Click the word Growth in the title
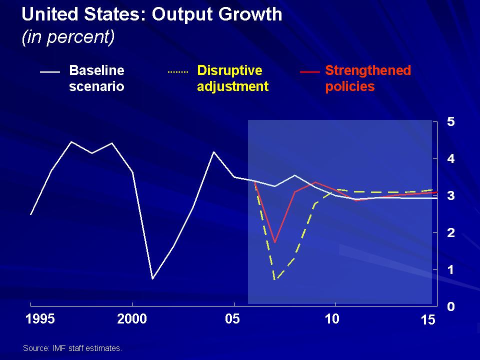(x=248, y=14)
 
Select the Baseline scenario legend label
(x=96, y=78)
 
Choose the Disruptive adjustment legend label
(x=232, y=78)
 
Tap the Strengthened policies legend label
(x=367, y=78)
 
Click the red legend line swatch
(x=309, y=72)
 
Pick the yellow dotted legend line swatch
(x=177, y=72)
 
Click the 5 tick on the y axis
(x=451, y=121)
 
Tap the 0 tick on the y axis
(x=451, y=306)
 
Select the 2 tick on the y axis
(x=451, y=232)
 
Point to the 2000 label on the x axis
(x=132, y=318)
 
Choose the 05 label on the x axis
(x=233, y=318)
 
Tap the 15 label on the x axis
(x=428, y=320)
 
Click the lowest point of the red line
(x=274, y=242)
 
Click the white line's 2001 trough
(x=152, y=278)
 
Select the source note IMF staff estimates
(x=72, y=348)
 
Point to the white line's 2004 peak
(x=214, y=151)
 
